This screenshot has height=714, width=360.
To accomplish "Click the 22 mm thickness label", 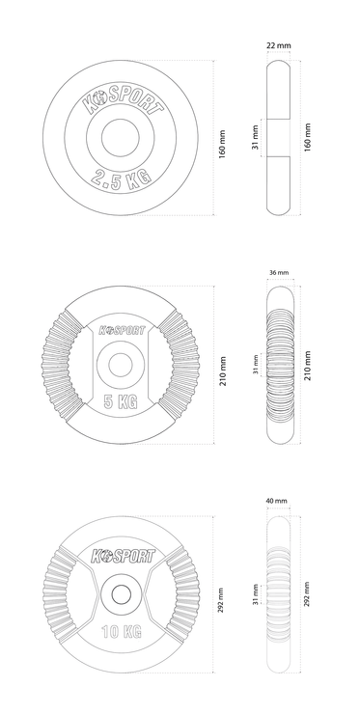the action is pyautogui.click(x=278, y=45).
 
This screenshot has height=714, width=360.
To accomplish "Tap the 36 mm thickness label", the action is pyautogui.click(x=279, y=272).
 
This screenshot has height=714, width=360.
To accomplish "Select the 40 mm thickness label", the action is pyautogui.click(x=277, y=501).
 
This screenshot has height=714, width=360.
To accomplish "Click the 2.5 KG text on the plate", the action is pyautogui.click(x=121, y=178).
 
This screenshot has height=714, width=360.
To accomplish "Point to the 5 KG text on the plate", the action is pyautogui.click(x=121, y=401).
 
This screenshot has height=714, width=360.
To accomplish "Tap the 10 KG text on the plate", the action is pyautogui.click(x=121, y=632).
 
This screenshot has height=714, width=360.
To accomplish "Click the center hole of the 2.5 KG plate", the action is pyautogui.click(x=121, y=138).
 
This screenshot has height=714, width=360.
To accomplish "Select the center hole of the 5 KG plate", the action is pyautogui.click(x=121, y=365).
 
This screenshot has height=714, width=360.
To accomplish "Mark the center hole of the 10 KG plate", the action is pyautogui.click(x=121, y=593).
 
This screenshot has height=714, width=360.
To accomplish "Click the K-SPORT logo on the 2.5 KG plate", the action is pyautogui.click(x=123, y=101).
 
